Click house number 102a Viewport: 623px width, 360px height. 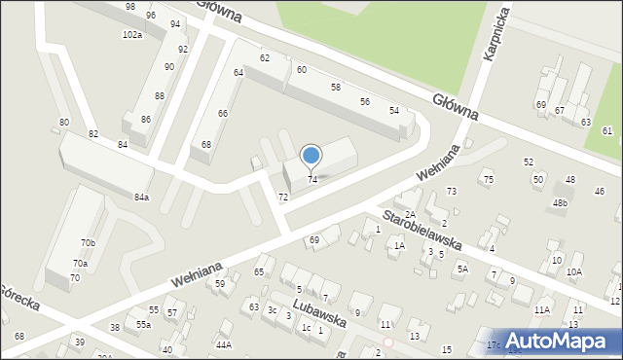click(x=132, y=35)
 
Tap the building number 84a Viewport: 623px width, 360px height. click(x=142, y=198)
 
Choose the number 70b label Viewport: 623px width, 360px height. click(x=89, y=243)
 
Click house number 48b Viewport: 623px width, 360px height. click(x=560, y=203)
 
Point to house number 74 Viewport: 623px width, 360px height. click(x=312, y=180)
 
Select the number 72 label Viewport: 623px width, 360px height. click(x=283, y=198)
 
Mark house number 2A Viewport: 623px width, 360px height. click(x=411, y=214)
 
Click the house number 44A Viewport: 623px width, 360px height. click(x=224, y=344)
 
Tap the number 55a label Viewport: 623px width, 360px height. click(x=143, y=324)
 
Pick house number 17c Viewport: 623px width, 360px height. click(x=494, y=344)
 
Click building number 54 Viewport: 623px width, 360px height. click(x=394, y=111)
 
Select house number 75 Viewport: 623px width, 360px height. click(x=489, y=180)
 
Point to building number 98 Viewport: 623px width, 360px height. click(x=130, y=7)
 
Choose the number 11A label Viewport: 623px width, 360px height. click(x=542, y=309)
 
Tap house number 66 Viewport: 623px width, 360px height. click(x=223, y=114)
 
